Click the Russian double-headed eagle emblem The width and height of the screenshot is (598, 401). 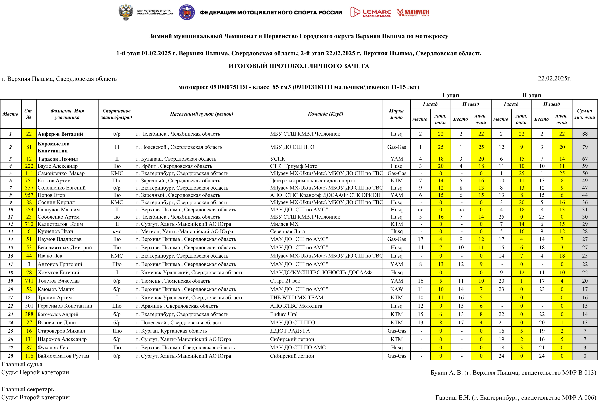pos(126,12)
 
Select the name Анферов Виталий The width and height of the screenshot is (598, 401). pos(60,134)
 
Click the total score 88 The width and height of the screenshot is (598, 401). pos(585,134)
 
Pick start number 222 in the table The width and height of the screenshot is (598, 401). pos(29,166)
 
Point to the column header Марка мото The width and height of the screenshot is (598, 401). pos(396,114)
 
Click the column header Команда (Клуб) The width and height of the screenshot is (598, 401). pos(325,114)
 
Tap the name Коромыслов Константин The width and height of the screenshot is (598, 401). pos(54,147)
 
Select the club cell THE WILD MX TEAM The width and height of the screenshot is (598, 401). pos(297,297)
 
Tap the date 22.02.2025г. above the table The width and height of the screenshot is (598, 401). pos(554,78)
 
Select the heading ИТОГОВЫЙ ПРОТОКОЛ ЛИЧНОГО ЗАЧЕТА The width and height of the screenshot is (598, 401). pos(299,66)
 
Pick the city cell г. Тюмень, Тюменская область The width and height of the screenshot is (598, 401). pos(173,281)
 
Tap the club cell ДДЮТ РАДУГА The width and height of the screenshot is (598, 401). pos(290,331)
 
